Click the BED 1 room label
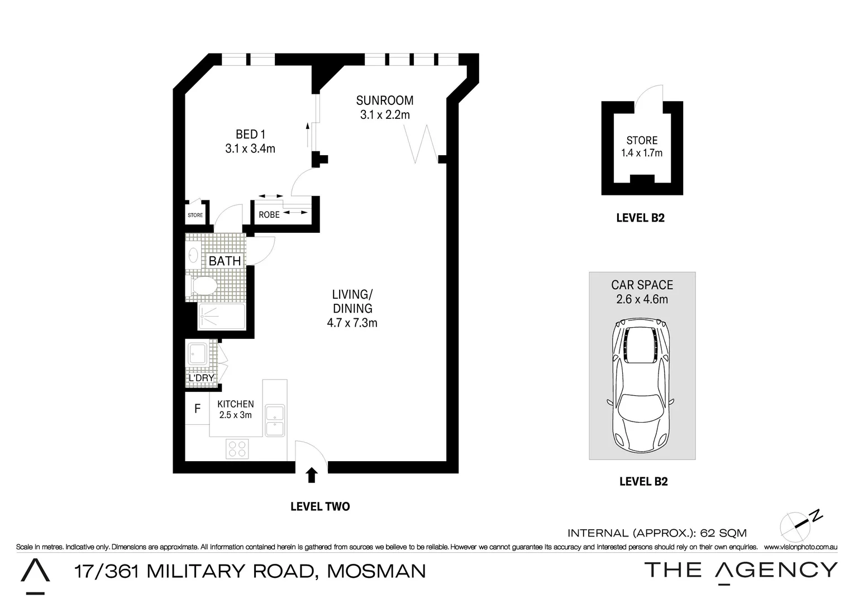pyautogui.click(x=250, y=134)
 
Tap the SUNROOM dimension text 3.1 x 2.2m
pyautogui.click(x=385, y=115)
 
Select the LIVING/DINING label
pyautogui.click(x=352, y=301)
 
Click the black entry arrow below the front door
pyautogui.click(x=312, y=475)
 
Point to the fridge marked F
pyautogui.click(x=197, y=409)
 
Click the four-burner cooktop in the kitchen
pyautogui.click(x=237, y=449)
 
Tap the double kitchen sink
pyautogui.click(x=275, y=420)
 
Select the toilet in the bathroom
pyautogui.click(x=202, y=286)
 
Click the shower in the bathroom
pyautogui.click(x=221, y=317)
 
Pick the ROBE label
pyautogui.click(x=269, y=214)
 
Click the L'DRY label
pyautogui.click(x=201, y=378)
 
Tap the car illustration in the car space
pyautogui.click(x=642, y=385)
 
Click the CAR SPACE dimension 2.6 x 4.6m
pyautogui.click(x=642, y=299)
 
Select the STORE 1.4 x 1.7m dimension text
pyautogui.click(x=642, y=153)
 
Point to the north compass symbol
pyautogui.click(x=800, y=523)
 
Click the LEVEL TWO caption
pyautogui.click(x=320, y=506)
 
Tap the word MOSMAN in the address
pyautogui.click(x=376, y=571)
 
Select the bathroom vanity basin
pyautogui.click(x=193, y=256)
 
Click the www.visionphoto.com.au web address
pyautogui.click(x=800, y=547)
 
